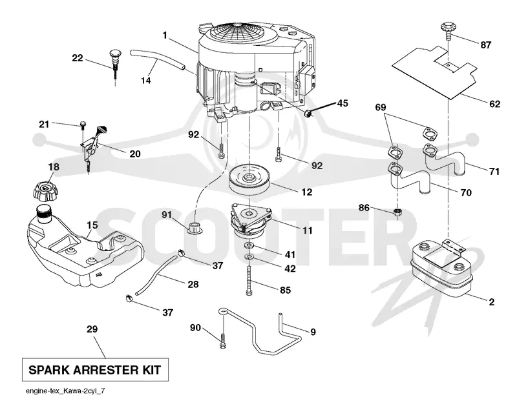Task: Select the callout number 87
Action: (485, 45)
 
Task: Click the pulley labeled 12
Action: (249, 180)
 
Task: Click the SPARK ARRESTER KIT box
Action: (95, 370)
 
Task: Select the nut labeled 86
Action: (397, 212)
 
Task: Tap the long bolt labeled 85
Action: (249, 280)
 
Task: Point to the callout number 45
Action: (342, 103)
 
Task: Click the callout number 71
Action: (494, 171)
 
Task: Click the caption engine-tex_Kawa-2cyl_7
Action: (66, 391)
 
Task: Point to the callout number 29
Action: (92, 329)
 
